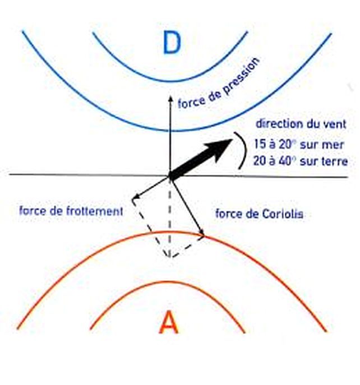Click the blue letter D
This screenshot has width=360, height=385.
172,43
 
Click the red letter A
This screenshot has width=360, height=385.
169,322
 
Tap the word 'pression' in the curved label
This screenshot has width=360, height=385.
241,77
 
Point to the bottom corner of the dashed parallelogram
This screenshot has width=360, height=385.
170,258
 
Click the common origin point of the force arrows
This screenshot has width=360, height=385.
170,176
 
